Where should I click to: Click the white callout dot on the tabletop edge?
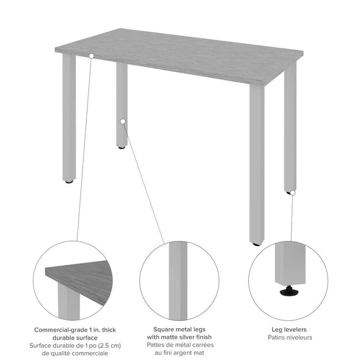pyautogui.click(x=91, y=56)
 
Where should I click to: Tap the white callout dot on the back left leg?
pyautogui.click(x=122, y=121)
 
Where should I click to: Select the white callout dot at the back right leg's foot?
pyautogui.click(x=290, y=193)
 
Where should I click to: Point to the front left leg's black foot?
pyautogui.click(x=69, y=181)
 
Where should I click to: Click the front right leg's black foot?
pyautogui.click(x=257, y=244)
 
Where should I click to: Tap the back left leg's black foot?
pyautogui.click(x=122, y=147)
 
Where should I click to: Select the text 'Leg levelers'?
pyautogui.click(x=287, y=329)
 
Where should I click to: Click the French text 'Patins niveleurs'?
pyautogui.click(x=287, y=337)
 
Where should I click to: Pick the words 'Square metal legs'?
pyautogui.click(x=179, y=329)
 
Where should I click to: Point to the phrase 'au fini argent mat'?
pyautogui.click(x=179, y=353)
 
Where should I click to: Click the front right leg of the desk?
pyautogui.click(x=257, y=168)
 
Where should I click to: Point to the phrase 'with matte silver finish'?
pyautogui.click(x=179, y=337)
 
